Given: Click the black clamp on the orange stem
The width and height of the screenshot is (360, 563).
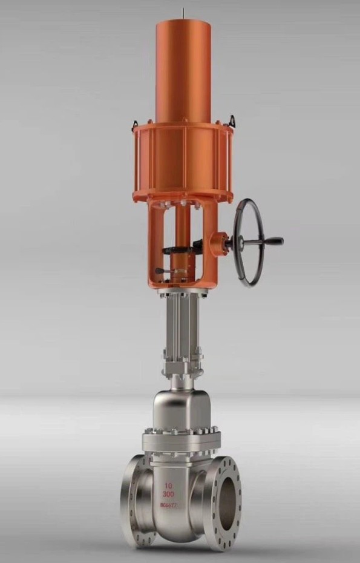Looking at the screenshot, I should tap(182, 248).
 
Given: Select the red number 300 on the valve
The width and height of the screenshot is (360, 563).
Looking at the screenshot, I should tap(168, 495).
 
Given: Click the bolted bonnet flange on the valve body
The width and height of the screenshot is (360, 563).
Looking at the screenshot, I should tap(180, 440).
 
